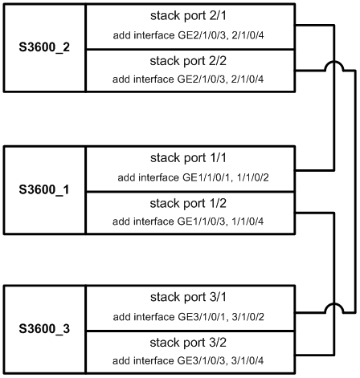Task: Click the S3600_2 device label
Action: [44, 47]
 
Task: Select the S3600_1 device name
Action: [44, 189]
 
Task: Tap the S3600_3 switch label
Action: [44, 328]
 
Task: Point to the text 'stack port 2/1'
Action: [188, 15]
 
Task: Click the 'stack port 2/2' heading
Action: [188, 61]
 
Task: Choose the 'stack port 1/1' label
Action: [188, 158]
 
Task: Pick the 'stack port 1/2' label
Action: [188, 203]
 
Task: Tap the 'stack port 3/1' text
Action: [188, 297]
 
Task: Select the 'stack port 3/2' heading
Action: [188, 343]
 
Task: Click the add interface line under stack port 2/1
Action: [189, 35]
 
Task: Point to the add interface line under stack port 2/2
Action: [188, 79]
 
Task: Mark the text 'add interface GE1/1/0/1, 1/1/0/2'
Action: [193, 177]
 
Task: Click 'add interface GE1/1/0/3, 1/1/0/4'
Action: [188, 222]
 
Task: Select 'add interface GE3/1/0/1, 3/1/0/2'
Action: [189, 317]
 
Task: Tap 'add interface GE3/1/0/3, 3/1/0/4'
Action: [188, 360]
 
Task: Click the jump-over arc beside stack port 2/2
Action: [334, 62]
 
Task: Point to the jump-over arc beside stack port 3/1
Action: [334, 303]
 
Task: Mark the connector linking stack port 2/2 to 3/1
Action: [355, 191]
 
